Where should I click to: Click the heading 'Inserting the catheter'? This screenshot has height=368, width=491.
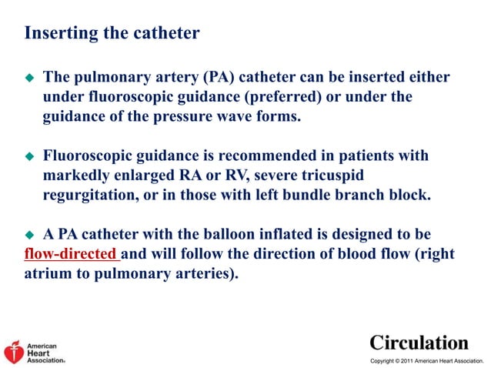point(112,34)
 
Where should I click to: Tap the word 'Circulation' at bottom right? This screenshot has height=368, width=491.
point(419,342)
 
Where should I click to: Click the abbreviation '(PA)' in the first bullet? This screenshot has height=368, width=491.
point(195,78)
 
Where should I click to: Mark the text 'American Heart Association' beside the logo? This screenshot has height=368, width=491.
point(45,353)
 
